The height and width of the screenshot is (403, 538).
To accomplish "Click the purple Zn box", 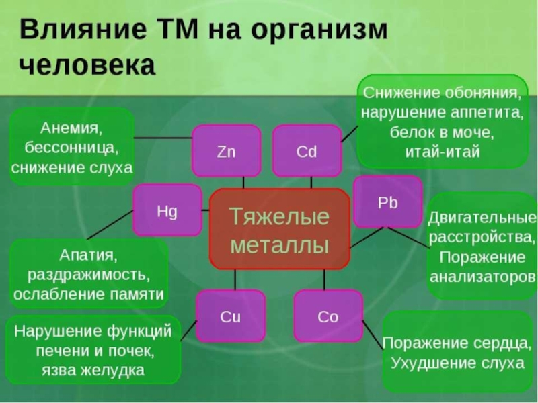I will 227,151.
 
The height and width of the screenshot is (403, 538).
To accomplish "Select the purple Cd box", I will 306,151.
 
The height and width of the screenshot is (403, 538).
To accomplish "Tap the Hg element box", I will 167,210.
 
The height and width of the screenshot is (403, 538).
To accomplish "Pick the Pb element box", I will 388,202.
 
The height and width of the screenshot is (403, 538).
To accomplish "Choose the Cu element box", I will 230,316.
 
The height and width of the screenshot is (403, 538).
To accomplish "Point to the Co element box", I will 328,316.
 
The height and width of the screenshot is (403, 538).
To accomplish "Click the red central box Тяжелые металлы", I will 279,229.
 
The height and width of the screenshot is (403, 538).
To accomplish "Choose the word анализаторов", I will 482,276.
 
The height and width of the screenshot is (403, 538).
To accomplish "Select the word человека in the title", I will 87,65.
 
